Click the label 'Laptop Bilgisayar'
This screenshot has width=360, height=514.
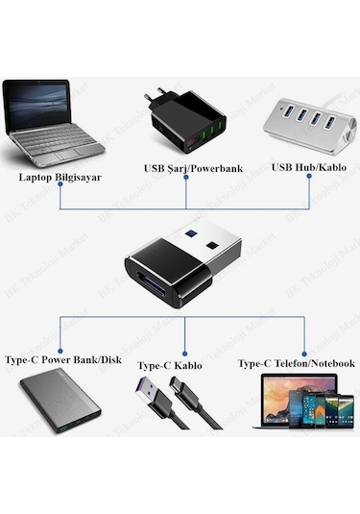point(60,178)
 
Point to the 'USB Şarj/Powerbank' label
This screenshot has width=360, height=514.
point(193,168)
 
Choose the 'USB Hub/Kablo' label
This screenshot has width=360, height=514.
point(309,167)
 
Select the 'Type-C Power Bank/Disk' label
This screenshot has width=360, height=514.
point(63,363)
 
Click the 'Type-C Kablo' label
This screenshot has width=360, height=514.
point(171,366)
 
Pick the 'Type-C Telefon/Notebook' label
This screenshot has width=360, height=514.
point(297,363)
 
